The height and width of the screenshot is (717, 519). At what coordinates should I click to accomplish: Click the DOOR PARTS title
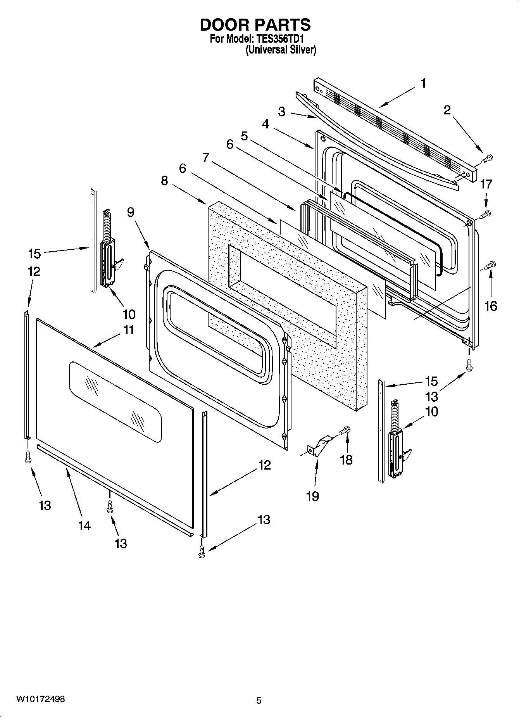point(255,25)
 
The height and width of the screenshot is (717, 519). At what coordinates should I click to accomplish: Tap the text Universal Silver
point(281,50)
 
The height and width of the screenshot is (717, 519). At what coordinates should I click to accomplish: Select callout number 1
point(423,83)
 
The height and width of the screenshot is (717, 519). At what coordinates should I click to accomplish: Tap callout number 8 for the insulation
point(165,181)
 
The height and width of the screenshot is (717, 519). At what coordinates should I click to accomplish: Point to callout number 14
point(84,525)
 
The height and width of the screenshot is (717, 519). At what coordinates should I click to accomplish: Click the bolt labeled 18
point(345,430)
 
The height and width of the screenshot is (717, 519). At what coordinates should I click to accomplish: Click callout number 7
point(205,157)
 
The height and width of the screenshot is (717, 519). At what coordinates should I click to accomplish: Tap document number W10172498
point(40,699)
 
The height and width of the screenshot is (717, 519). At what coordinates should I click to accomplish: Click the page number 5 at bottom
point(259,700)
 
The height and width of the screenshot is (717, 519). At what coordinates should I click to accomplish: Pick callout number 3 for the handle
point(282,112)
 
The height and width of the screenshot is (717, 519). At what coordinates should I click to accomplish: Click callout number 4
point(265,124)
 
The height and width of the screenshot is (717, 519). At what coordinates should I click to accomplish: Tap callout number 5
point(244,136)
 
